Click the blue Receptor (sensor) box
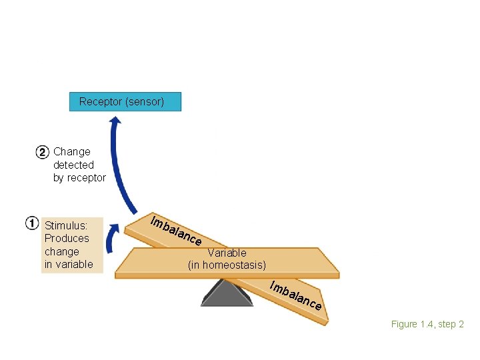[x=125, y=102]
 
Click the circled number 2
[x=41, y=152]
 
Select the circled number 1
[x=32, y=223]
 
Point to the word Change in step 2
[x=72, y=152]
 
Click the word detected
[x=73, y=165]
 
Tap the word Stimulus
[x=65, y=225]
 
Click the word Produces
[x=67, y=239]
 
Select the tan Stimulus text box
[x=73, y=245]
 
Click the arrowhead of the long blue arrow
[x=115, y=121]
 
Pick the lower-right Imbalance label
[x=296, y=296]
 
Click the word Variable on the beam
[x=227, y=253]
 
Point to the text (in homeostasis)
[x=227, y=265]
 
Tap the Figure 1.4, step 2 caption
[x=427, y=325]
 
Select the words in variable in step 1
[x=69, y=265]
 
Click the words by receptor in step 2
[x=79, y=178]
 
